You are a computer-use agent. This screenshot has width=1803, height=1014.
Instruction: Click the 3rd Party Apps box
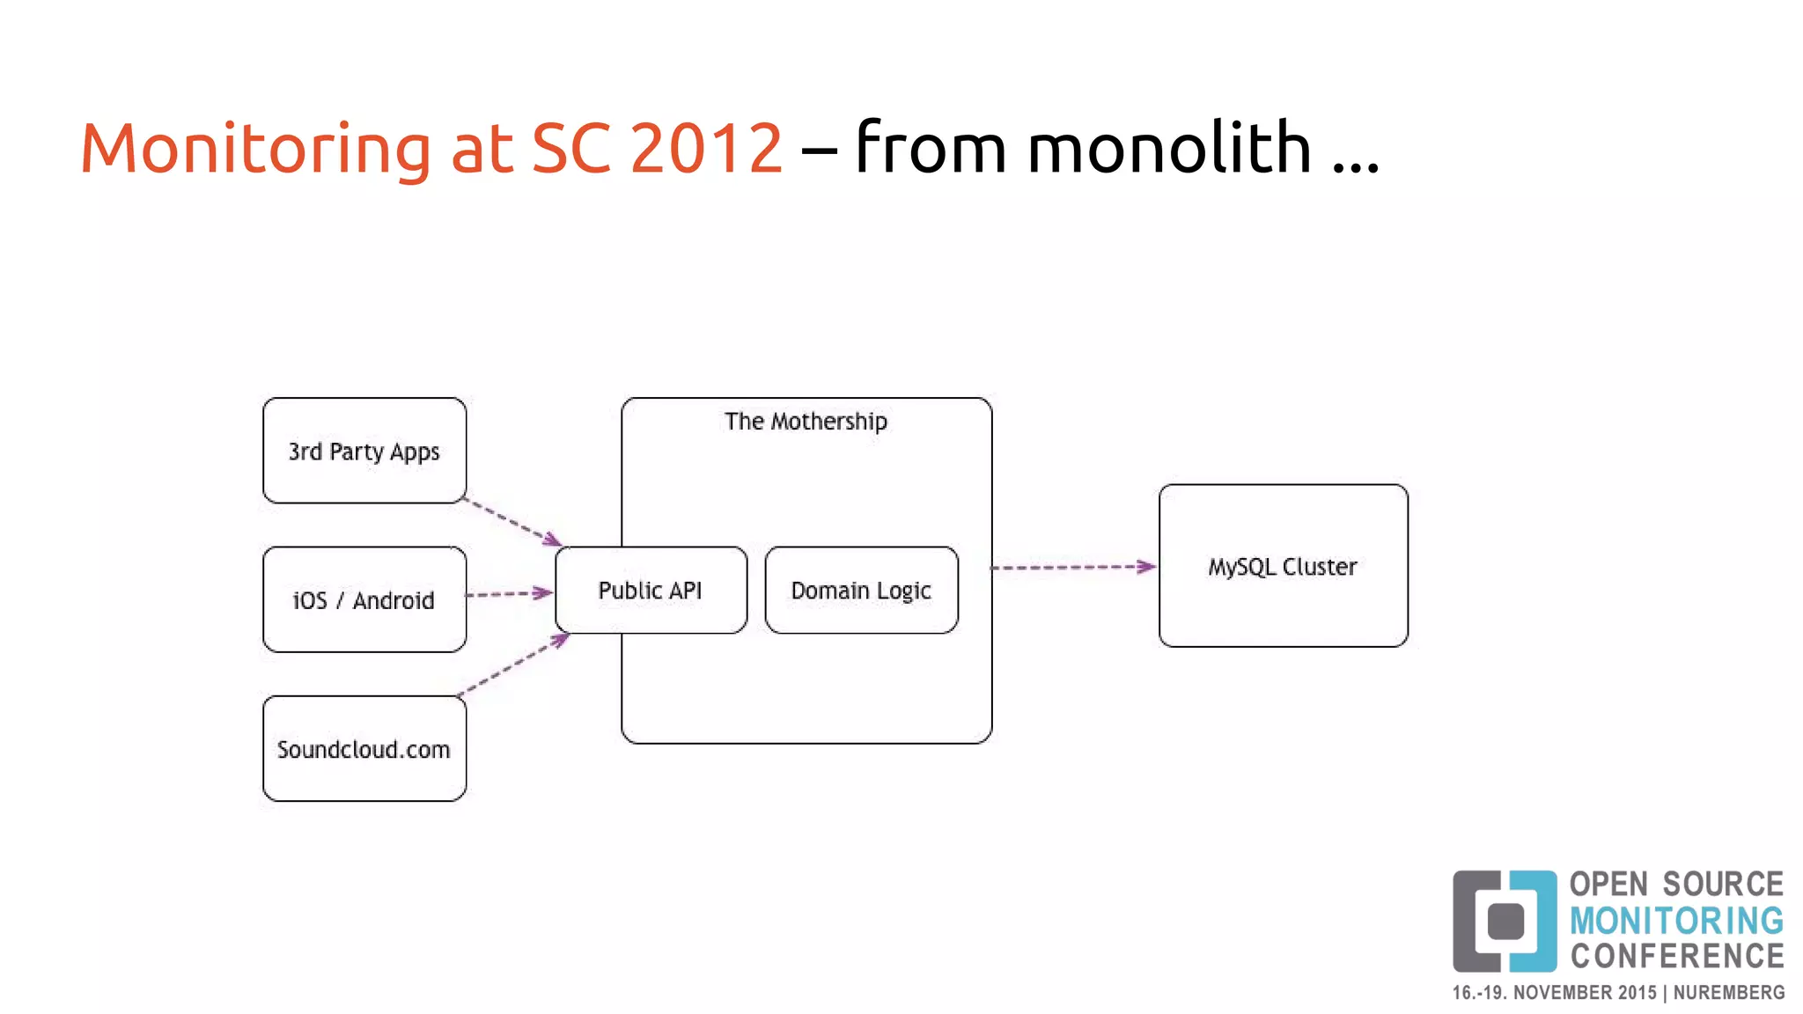point(364,451)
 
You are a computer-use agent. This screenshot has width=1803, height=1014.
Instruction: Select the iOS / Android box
point(364,599)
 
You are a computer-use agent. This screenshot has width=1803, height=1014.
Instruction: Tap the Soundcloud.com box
point(364,749)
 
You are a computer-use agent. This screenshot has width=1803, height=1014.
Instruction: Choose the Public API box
point(651,590)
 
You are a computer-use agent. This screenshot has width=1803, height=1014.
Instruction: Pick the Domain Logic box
point(861,590)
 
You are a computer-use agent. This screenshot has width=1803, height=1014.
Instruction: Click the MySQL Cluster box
point(1283,566)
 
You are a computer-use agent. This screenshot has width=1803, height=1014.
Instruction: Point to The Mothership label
point(806,422)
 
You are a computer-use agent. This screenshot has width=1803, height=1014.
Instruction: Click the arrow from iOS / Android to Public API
point(510,595)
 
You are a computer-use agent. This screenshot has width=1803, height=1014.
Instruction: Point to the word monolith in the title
point(1169,148)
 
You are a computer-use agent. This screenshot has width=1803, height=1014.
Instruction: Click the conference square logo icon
point(1505,921)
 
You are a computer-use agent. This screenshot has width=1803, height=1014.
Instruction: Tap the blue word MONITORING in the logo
point(1676,921)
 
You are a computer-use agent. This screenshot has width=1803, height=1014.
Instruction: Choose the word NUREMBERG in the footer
point(1729,993)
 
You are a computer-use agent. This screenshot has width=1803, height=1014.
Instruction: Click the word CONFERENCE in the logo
point(1677,956)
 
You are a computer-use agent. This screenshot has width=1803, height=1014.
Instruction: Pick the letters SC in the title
point(570,148)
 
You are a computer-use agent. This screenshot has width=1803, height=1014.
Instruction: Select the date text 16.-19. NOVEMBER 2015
point(1554,993)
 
